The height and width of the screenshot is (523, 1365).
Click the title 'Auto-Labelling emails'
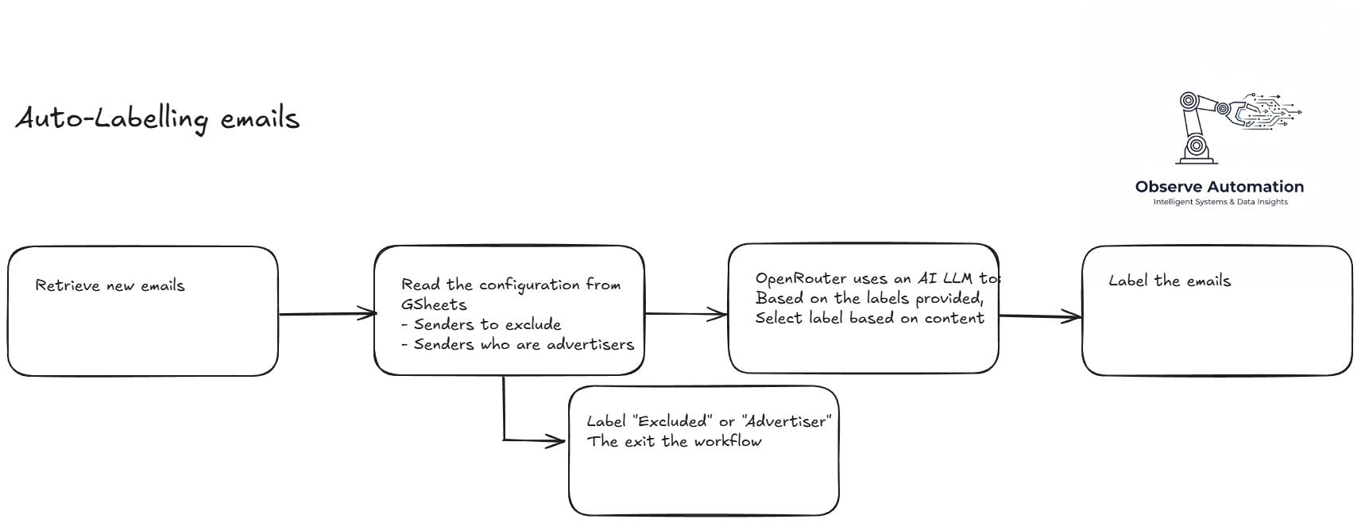point(157,119)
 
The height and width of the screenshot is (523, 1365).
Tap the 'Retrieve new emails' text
point(110,285)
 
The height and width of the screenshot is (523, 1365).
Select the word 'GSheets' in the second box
point(434,304)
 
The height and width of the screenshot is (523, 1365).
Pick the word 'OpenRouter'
point(801,278)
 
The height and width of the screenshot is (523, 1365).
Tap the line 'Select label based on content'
point(869,318)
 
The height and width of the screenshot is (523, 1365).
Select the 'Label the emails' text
point(1170,281)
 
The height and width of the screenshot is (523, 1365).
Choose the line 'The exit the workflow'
point(675,441)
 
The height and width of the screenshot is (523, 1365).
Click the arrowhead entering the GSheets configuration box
point(369,313)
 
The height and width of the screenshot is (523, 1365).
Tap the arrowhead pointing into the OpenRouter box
point(721,315)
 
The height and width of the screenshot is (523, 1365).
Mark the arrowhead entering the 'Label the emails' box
point(1074,317)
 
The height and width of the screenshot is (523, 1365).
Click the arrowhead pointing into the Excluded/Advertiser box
point(558,440)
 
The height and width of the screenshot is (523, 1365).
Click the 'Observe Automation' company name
point(1219,187)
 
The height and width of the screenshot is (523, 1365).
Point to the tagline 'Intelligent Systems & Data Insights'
point(1220,202)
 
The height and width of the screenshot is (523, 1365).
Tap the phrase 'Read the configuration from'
point(511,285)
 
